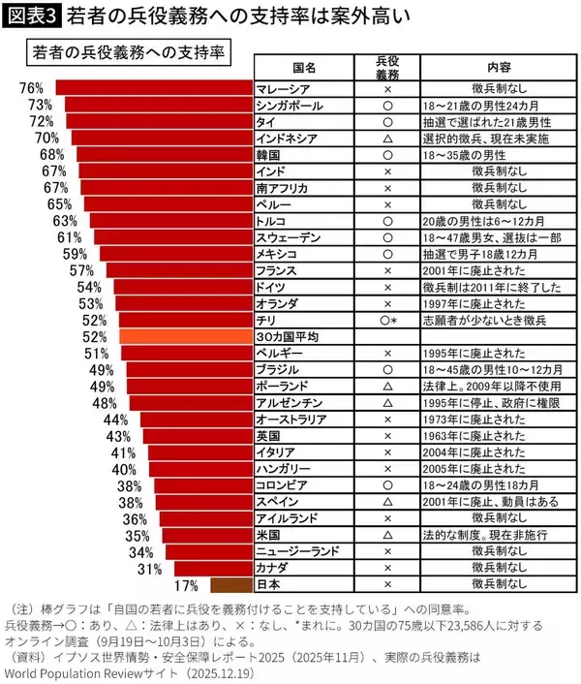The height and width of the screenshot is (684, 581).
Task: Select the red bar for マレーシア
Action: pyautogui.click(x=154, y=89)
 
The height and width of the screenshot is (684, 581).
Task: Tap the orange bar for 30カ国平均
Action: pyautogui.click(x=185, y=336)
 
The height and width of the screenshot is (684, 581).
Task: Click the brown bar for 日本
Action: pyautogui.click(x=230, y=584)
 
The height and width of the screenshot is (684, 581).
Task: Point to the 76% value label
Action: pyautogui.click(x=31, y=89)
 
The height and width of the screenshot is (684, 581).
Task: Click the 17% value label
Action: pyautogui.click(x=186, y=584)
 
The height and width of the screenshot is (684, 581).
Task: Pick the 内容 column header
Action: pyautogui.click(x=499, y=67)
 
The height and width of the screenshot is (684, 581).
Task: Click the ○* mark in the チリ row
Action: pyautogui.click(x=388, y=320)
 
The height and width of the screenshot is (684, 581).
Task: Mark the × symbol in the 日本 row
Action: pyautogui.click(x=386, y=584)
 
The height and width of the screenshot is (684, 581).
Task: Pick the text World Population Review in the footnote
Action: pyautogui.click(x=79, y=669)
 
